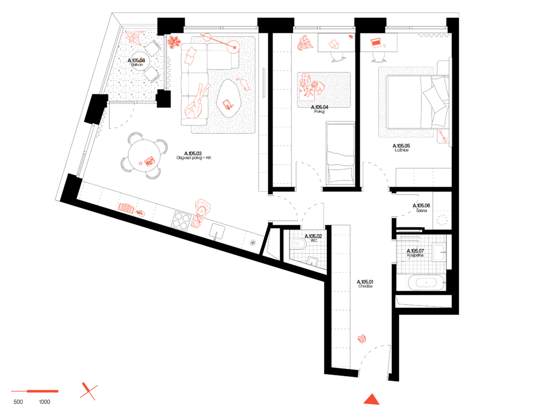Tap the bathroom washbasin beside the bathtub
438,252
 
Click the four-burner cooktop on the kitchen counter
181,220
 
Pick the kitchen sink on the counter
217,231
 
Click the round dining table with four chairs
144,155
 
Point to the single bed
340,153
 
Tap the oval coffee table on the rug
230,98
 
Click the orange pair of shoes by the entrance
362,339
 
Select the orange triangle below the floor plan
371,399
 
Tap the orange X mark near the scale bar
88,391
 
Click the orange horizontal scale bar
35,391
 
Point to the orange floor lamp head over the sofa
233,46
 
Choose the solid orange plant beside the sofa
174,42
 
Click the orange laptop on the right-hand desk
376,42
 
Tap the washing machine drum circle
442,220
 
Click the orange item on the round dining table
149,161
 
